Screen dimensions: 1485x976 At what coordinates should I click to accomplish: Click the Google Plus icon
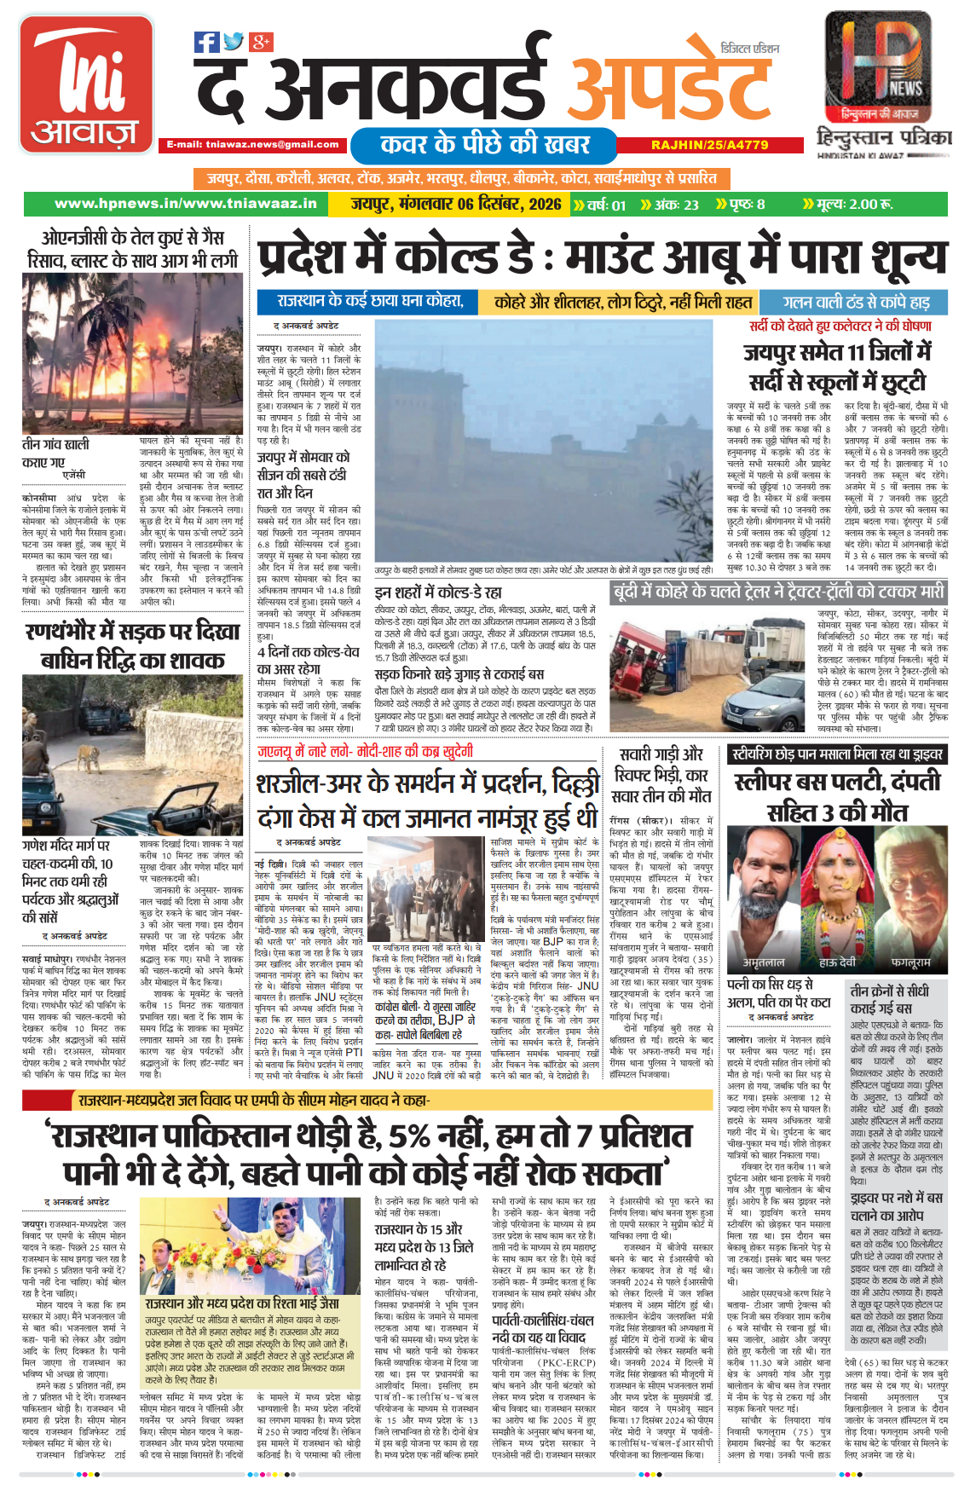coord(261,41)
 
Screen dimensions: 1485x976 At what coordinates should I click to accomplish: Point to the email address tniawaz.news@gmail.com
coord(252,145)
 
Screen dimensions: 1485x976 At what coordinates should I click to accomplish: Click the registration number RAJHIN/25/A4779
coord(709,145)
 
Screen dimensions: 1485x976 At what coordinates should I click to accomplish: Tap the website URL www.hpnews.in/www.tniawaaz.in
coord(185,204)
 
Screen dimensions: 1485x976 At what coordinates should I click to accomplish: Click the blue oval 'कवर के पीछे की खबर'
coord(484,144)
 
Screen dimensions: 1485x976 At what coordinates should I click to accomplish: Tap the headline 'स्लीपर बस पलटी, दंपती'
coord(837,782)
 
